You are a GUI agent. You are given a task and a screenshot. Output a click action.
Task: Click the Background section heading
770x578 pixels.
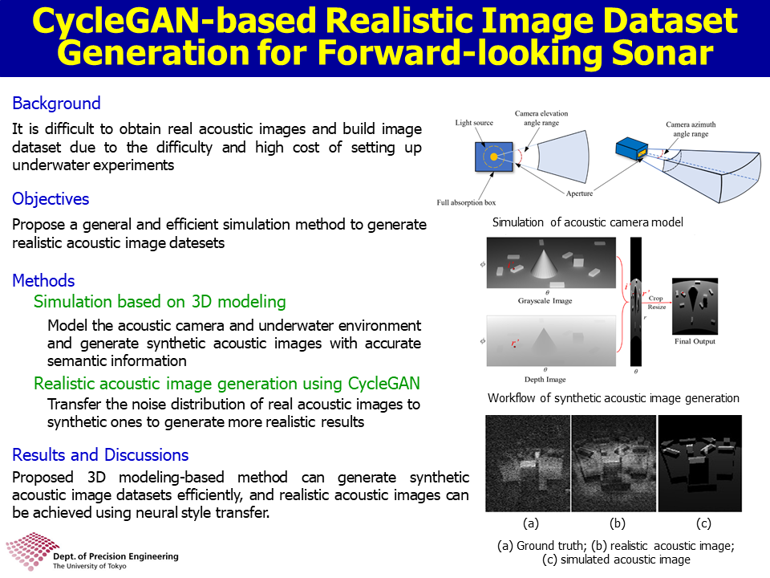[56, 104]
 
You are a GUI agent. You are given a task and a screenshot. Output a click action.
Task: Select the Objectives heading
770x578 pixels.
[51, 199]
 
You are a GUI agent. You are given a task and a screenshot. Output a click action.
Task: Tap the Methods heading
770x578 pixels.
[43, 281]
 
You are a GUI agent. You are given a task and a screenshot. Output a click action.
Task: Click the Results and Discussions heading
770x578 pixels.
[100, 455]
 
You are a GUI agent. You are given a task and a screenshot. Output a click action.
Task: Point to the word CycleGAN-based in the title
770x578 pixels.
[174, 22]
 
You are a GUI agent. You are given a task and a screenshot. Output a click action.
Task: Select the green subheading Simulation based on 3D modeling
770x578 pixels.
[160, 302]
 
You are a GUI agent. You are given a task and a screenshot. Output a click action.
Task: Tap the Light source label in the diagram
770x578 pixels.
[474, 123]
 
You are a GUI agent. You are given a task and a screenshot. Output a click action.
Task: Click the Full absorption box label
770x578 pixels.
[466, 202]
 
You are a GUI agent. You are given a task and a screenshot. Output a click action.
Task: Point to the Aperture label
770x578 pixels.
[579, 193]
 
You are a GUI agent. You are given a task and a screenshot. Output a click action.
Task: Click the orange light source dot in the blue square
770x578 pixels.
[493, 157]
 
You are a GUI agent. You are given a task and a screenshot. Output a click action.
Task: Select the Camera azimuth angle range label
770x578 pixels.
[691, 129]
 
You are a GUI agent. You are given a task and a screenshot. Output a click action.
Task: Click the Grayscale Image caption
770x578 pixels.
[545, 301]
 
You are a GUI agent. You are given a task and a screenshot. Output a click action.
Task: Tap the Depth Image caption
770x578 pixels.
[545, 380]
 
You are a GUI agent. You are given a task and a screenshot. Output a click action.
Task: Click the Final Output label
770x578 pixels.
[695, 341]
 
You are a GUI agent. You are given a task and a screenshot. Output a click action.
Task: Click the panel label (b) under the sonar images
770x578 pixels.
[618, 523]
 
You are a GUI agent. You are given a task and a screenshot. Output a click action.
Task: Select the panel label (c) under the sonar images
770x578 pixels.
[703, 523]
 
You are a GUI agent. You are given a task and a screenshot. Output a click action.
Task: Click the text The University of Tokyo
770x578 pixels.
[89, 566]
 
